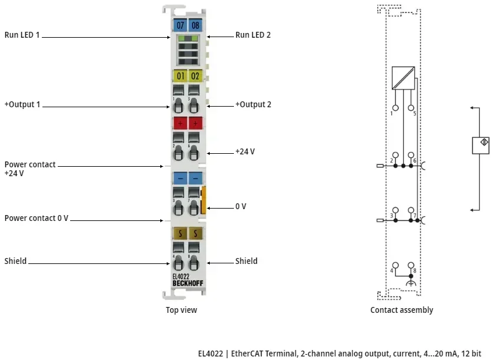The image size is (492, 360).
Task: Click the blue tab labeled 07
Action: tap(180, 25)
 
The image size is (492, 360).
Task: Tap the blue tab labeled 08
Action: tap(195, 25)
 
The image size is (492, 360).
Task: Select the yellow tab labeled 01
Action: tap(180, 76)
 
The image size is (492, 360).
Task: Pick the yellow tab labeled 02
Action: tap(195, 76)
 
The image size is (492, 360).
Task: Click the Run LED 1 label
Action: tap(22, 35)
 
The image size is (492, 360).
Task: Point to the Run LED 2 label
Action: tap(253, 35)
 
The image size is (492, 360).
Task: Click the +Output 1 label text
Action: tap(22, 105)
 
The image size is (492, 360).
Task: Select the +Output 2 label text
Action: tap(253, 105)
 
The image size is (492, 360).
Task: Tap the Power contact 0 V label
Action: tap(37, 218)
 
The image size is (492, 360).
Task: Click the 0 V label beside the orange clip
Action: tap(240, 206)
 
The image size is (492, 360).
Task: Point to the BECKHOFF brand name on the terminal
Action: tap(187, 283)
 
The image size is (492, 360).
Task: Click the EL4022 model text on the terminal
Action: tap(181, 276)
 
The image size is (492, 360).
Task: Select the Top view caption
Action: tap(181, 310)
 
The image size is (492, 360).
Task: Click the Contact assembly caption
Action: tap(401, 310)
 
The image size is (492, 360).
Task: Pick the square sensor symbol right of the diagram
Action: tap(481, 145)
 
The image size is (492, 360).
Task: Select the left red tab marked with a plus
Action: tap(180, 123)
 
